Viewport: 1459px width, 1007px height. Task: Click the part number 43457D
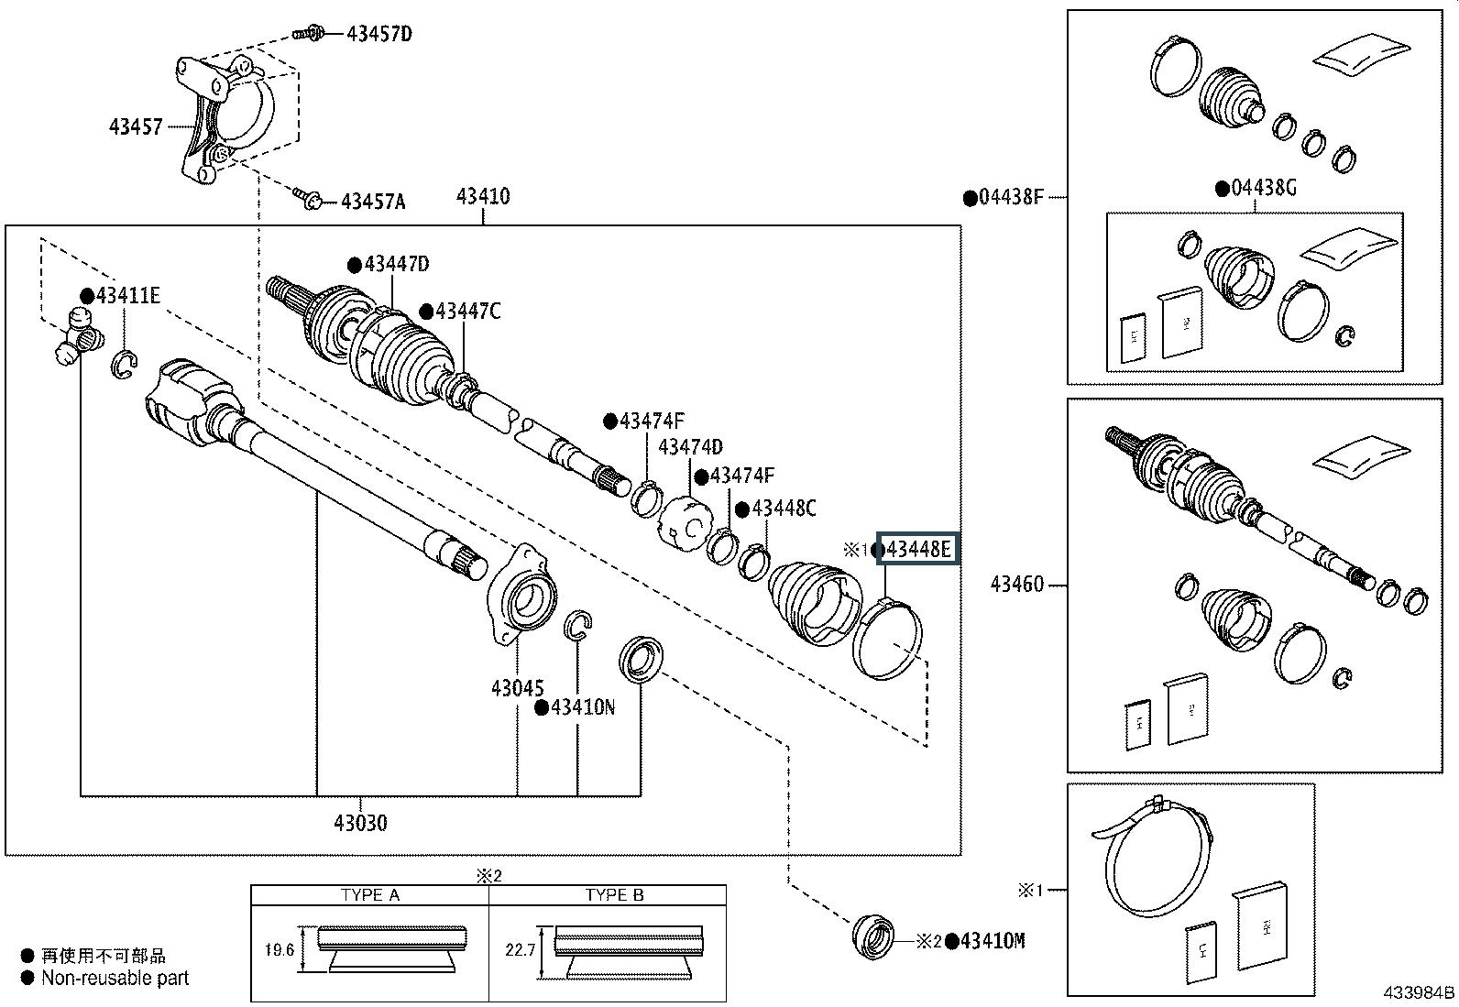(x=378, y=35)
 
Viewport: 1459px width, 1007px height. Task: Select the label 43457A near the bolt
(x=372, y=202)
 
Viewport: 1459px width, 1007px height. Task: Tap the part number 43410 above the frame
(x=483, y=196)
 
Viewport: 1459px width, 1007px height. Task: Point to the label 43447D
(x=396, y=265)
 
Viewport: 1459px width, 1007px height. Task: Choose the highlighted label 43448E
(x=919, y=550)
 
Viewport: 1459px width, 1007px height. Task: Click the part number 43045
(x=517, y=688)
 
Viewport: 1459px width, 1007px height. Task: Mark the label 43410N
(x=582, y=707)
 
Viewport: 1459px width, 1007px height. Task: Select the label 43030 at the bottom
(x=360, y=823)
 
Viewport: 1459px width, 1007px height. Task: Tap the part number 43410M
(x=993, y=941)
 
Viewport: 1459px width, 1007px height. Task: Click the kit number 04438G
(x=1263, y=189)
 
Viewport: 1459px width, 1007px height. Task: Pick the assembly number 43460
(x=1017, y=585)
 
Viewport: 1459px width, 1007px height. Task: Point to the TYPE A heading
(x=370, y=895)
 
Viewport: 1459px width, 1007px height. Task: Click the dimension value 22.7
(x=520, y=950)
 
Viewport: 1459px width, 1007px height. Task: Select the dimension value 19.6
(x=279, y=950)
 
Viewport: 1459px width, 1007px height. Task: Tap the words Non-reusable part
(x=115, y=978)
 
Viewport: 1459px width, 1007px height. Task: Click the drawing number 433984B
(x=1420, y=993)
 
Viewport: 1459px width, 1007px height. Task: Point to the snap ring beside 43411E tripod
(x=124, y=365)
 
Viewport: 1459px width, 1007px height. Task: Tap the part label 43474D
(x=690, y=447)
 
